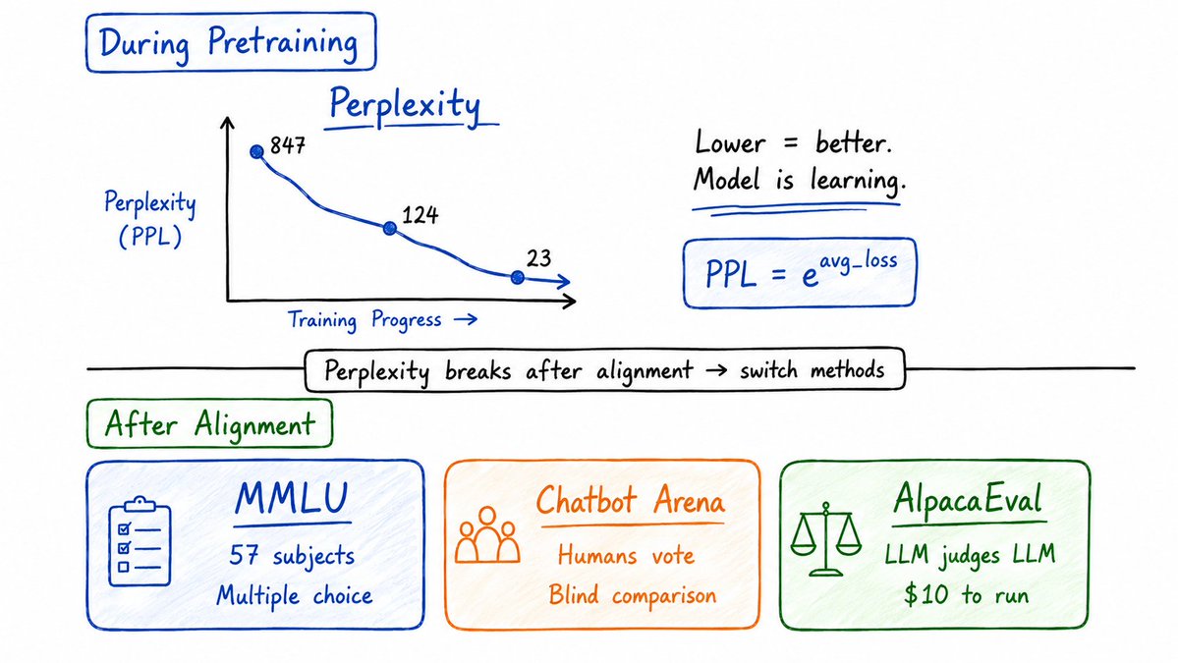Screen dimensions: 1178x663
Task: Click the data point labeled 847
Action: click(257, 151)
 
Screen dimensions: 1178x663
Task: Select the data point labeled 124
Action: click(390, 228)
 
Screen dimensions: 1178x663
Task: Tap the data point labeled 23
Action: click(517, 278)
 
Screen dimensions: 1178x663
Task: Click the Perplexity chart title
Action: click(405, 105)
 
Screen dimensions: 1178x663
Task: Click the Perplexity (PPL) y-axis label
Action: click(149, 218)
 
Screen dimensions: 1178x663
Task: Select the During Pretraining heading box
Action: click(231, 42)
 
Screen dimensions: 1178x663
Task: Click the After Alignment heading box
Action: click(209, 424)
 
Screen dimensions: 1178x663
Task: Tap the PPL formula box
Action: click(800, 272)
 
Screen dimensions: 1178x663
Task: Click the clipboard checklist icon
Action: click(140, 541)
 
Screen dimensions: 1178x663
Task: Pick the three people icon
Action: click(487, 534)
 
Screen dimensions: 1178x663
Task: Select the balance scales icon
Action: click(825, 538)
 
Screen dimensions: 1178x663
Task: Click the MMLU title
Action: click(292, 499)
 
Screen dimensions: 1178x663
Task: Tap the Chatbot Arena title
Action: click(631, 501)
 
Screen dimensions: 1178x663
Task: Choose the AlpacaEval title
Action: click(969, 499)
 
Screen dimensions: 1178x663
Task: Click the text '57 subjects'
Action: click(292, 556)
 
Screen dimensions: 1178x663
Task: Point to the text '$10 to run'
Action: click(966, 594)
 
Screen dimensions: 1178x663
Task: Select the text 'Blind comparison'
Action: click(632, 595)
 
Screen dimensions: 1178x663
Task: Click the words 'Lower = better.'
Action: click(793, 141)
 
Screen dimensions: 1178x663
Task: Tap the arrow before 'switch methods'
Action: click(716, 370)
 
